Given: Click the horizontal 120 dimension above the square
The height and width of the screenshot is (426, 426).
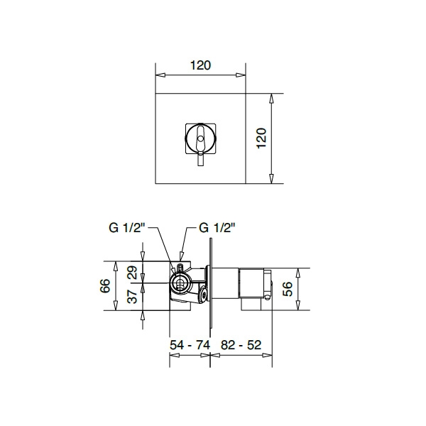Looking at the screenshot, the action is click(200, 65).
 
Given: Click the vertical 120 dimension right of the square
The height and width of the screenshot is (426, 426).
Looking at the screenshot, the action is click(261, 138).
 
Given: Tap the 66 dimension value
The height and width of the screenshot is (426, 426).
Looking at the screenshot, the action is click(105, 285).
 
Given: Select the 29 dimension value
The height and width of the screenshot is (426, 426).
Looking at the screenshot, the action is click(133, 273).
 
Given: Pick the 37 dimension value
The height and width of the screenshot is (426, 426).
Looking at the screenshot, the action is click(133, 296).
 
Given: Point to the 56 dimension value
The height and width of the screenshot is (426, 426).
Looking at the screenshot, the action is click(288, 289).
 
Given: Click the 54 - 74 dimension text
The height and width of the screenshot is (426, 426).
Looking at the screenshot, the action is click(190, 345).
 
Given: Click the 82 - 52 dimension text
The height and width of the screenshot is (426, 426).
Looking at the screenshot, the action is click(241, 345).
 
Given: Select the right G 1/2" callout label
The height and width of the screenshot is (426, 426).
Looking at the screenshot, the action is click(217, 228).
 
